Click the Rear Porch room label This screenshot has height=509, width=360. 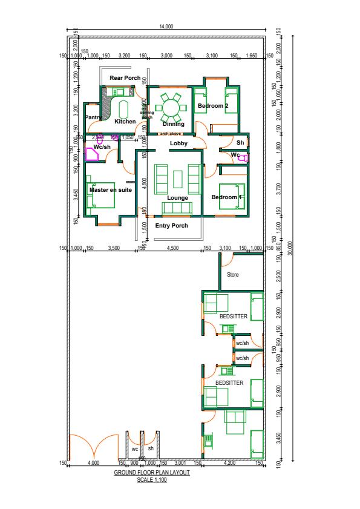[x=125, y=78]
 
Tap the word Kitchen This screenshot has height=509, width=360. [x=125, y=122]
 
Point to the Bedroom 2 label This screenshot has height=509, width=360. [x=213, y=107]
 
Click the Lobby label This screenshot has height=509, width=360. [x=178, y=143]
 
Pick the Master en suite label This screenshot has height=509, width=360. [x=111, y=190]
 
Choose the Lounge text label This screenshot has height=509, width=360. [x=178, y=198]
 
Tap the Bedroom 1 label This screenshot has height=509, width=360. [x=227, y=198]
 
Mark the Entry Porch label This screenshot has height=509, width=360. [x=172, y=226]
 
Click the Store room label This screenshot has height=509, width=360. [x=233, y=275]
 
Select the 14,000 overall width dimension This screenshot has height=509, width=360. [x=166, y=27]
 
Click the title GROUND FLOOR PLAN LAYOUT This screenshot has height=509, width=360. [x=152, y=473]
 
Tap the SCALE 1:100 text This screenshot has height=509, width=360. [x=152, y=479]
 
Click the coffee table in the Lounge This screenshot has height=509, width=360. [x=178, y=179]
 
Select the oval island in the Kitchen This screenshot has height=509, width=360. [x=124, y=110]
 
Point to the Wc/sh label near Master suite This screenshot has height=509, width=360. [x=102, y=147]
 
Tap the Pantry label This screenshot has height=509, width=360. [x=93, y=117]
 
